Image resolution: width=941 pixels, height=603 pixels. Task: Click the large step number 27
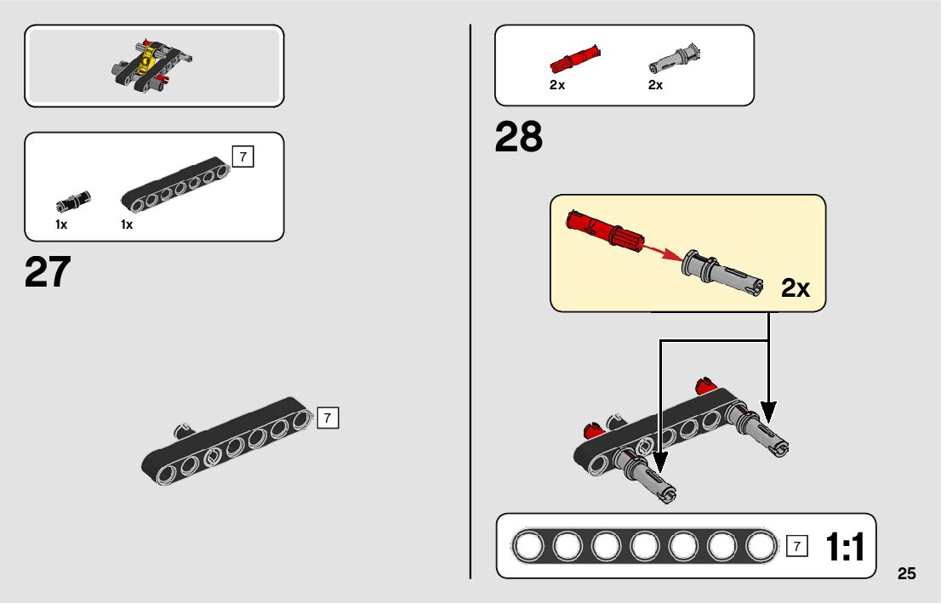point(48,272)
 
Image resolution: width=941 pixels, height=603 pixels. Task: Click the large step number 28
point(518,138)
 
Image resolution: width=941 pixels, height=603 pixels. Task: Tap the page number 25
point(906,573)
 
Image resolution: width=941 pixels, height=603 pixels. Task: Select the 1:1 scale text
point(844,548)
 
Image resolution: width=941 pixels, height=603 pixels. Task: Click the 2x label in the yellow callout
point(796,288)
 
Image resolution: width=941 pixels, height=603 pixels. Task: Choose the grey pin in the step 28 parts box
point(672,58)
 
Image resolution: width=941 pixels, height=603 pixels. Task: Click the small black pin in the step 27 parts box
point(73,201)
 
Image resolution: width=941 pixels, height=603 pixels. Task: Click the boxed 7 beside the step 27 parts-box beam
point(242,156)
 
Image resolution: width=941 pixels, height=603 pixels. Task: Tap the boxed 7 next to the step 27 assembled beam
point(328,418)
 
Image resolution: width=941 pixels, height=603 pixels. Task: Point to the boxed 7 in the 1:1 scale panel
point(796,547)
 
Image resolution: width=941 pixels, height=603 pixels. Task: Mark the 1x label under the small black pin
point(61,225)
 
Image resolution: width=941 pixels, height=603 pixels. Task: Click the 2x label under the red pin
point(557,85)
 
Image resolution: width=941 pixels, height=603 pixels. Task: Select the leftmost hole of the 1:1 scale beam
point(527,546)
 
